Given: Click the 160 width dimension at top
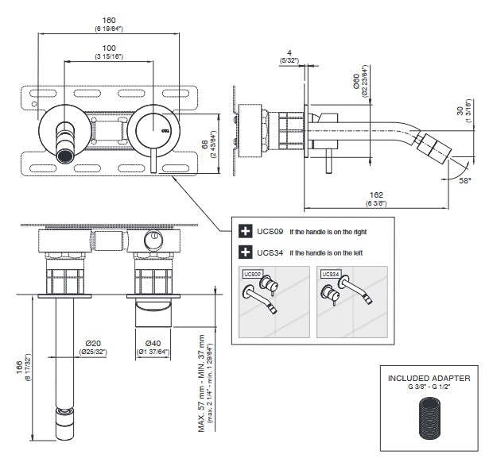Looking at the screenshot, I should [109, 21].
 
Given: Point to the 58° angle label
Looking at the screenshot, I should [462, 182].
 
